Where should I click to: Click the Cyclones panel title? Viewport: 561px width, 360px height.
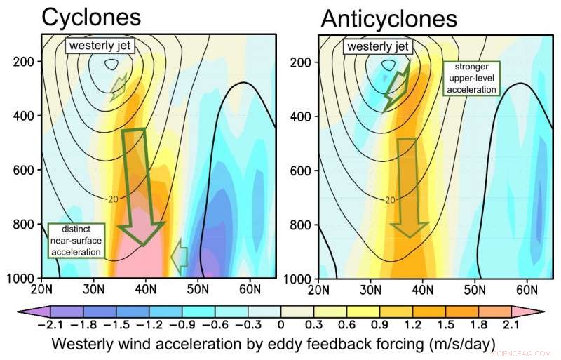(x=90, y=18)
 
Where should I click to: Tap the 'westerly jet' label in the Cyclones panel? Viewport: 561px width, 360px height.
(x=101, y=47)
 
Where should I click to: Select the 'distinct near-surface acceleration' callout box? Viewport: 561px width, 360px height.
(x=75, y=240)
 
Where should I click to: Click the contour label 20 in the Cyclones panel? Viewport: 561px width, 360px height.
(x=114, y=200)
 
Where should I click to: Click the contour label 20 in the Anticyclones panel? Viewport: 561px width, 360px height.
(x=390, y=200)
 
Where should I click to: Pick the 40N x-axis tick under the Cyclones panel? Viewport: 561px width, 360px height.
(x=146, y=288)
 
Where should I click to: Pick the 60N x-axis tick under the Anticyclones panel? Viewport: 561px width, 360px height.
(x=527, y=288)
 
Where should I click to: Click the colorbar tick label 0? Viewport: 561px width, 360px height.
(x=280, y=325)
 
